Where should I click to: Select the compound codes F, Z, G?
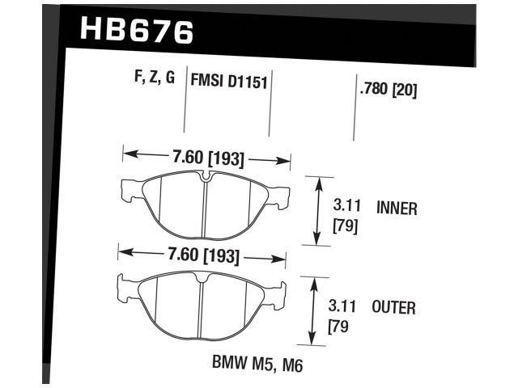(x=154, y=79)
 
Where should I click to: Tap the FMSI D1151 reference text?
(x=229, y=80)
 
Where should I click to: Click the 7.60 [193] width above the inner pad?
(x=206, y=158)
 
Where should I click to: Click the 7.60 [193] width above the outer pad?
(x=202, y=257)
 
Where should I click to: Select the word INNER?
(x=397, y=209)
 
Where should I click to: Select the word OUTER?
(x=394, y=308)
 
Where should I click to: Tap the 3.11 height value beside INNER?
(x=346, y=209)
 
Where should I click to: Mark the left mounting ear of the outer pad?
(x=125, y=288)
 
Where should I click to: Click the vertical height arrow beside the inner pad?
(x=316, y=210)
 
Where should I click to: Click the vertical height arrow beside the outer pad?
(x=312, y=310)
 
